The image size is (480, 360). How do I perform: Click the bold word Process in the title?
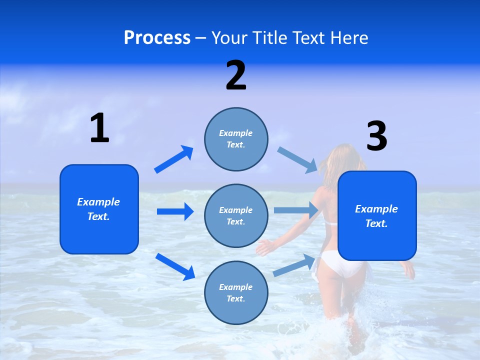157,38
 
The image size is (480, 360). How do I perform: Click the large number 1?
99,128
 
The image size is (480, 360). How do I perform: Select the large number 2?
236,76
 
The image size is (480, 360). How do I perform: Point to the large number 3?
376,136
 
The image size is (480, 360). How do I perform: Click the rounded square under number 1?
99,209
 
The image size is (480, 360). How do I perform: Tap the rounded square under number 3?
377,216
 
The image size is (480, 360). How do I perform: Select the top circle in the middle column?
236,139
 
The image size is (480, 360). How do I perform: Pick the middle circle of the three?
236,215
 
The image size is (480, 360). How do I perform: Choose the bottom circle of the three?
236,292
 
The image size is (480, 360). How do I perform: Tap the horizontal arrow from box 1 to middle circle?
175,211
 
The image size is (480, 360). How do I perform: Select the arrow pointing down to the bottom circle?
175,266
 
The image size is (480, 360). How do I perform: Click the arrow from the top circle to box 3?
297,160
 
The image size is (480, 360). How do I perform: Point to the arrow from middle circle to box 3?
296,210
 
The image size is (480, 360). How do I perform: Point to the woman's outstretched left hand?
263,247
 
